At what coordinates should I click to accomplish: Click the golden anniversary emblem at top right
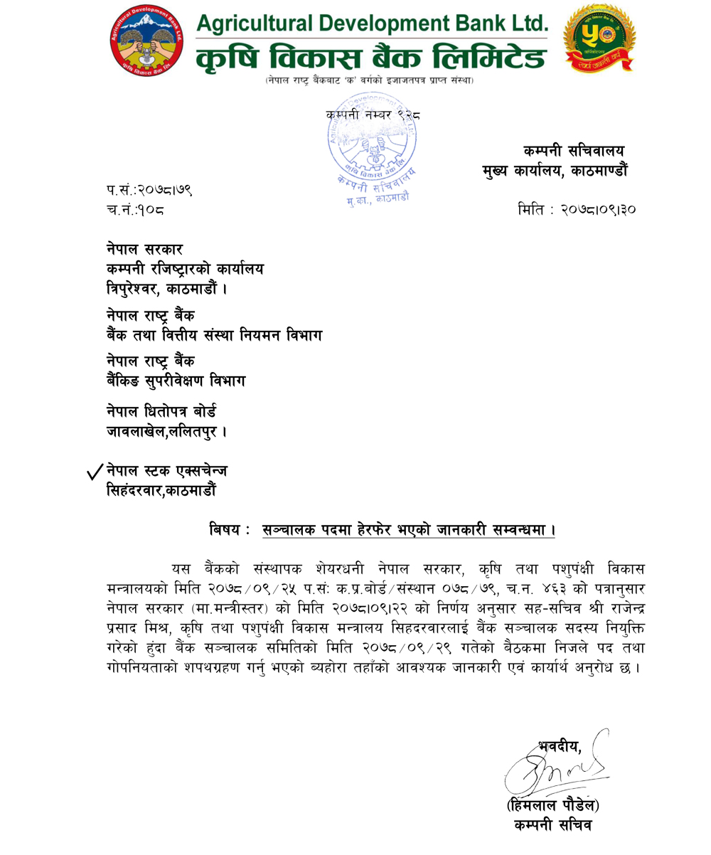coord(599,41)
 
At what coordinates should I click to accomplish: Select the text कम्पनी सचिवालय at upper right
coord(574,151)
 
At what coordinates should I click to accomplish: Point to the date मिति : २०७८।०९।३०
coord(577,210)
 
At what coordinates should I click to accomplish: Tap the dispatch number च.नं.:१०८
coord(138,210)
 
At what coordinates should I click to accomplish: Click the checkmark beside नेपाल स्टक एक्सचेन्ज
coord(95,473)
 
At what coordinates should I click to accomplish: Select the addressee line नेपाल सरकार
coord(145,250)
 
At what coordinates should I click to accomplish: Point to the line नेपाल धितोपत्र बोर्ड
coord(162,412)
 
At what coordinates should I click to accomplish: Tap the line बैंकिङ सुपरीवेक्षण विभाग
coord(176,381)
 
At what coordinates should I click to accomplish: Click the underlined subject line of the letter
coord(407,530)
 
